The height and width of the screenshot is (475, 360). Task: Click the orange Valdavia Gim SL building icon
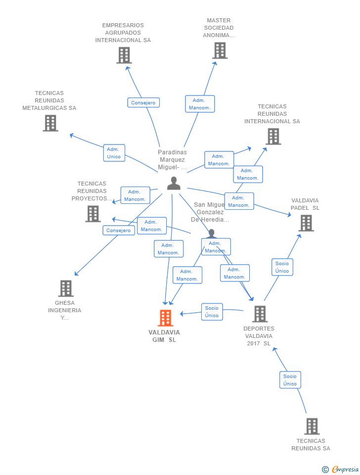pyautogui.click(x=165, y=318)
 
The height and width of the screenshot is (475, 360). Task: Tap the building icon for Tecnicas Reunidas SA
pyautogui.click(x=312, y=426)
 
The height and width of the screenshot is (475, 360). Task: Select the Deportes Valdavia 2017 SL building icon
pyautogui.click(x=260, y=314)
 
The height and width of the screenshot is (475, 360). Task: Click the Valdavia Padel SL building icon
pyautogui.click(x=306, y=223)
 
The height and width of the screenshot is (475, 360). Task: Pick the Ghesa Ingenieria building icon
pyautogui.click(x=66, y=288)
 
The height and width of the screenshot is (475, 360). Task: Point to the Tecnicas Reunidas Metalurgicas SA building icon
pyautogui.click(x=50, y=123)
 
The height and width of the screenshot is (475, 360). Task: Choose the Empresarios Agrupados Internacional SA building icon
pyautogui.click(x=124, y=55)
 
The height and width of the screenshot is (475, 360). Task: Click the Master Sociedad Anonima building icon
pyautogui.click(x=220, y=50)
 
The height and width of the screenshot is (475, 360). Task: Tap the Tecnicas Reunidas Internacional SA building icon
pyautogui.click(x=273, y=137)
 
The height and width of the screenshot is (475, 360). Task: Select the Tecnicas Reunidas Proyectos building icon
pyautogui.click(x=93, y=214)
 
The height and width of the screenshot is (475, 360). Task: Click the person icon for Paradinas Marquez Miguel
pyautogui.click(x=174, y=183)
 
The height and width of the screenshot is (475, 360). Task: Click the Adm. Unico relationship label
pyautogui.click(x=114, y=153)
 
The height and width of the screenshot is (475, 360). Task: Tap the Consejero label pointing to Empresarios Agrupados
pyautogui.click(x=143, y=103)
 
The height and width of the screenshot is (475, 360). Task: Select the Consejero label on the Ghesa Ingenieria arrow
pyautogui.click(x=118, y=230)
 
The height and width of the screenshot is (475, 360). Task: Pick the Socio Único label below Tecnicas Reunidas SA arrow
pyautogui.click(x=290, y=380)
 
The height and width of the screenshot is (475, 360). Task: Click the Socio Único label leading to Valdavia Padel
pyautogui.click(x=282, y=267)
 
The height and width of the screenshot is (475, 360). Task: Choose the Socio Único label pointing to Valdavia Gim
pyautogui.click(x=212, y=312)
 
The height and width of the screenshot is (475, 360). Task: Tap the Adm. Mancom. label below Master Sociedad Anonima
pyautogui.click(x=200, y=104)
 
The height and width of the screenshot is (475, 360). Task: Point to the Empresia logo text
pyautogui.click(x=345, y=469)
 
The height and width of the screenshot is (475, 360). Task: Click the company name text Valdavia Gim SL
pyautogui.click(x=164, y=336)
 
